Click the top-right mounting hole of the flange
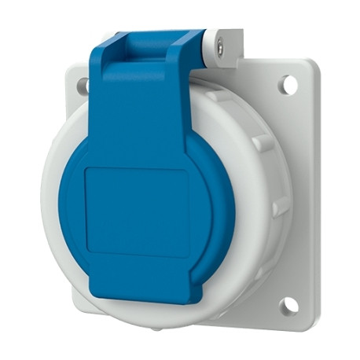(x=288, y=84)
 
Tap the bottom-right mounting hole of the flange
(x=289, y=303)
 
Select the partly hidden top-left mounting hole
(x=82, y=86)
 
